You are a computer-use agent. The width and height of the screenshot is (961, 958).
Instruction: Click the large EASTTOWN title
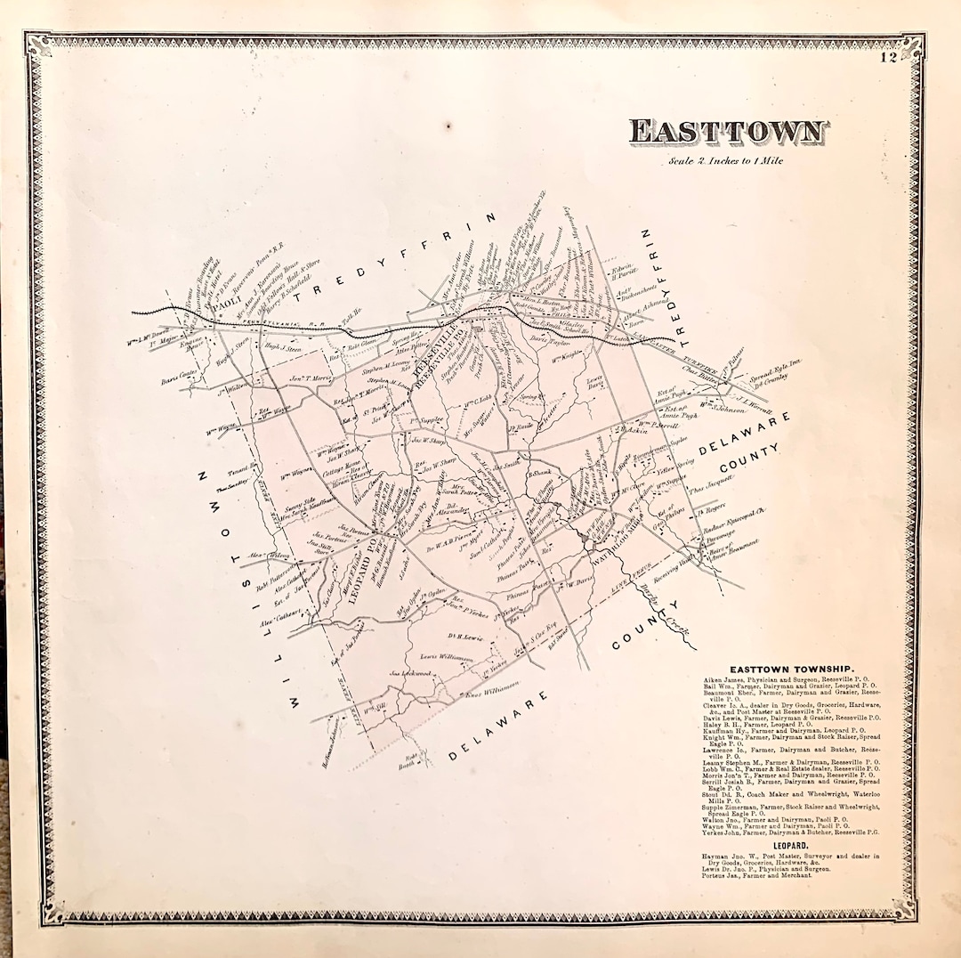point(728,133)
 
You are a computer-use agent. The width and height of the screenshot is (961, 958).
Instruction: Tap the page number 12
point(887,60)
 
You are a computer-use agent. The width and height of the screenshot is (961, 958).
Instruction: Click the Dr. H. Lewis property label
point(464,637)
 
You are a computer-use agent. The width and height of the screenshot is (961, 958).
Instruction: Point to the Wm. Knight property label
point(566,361)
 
